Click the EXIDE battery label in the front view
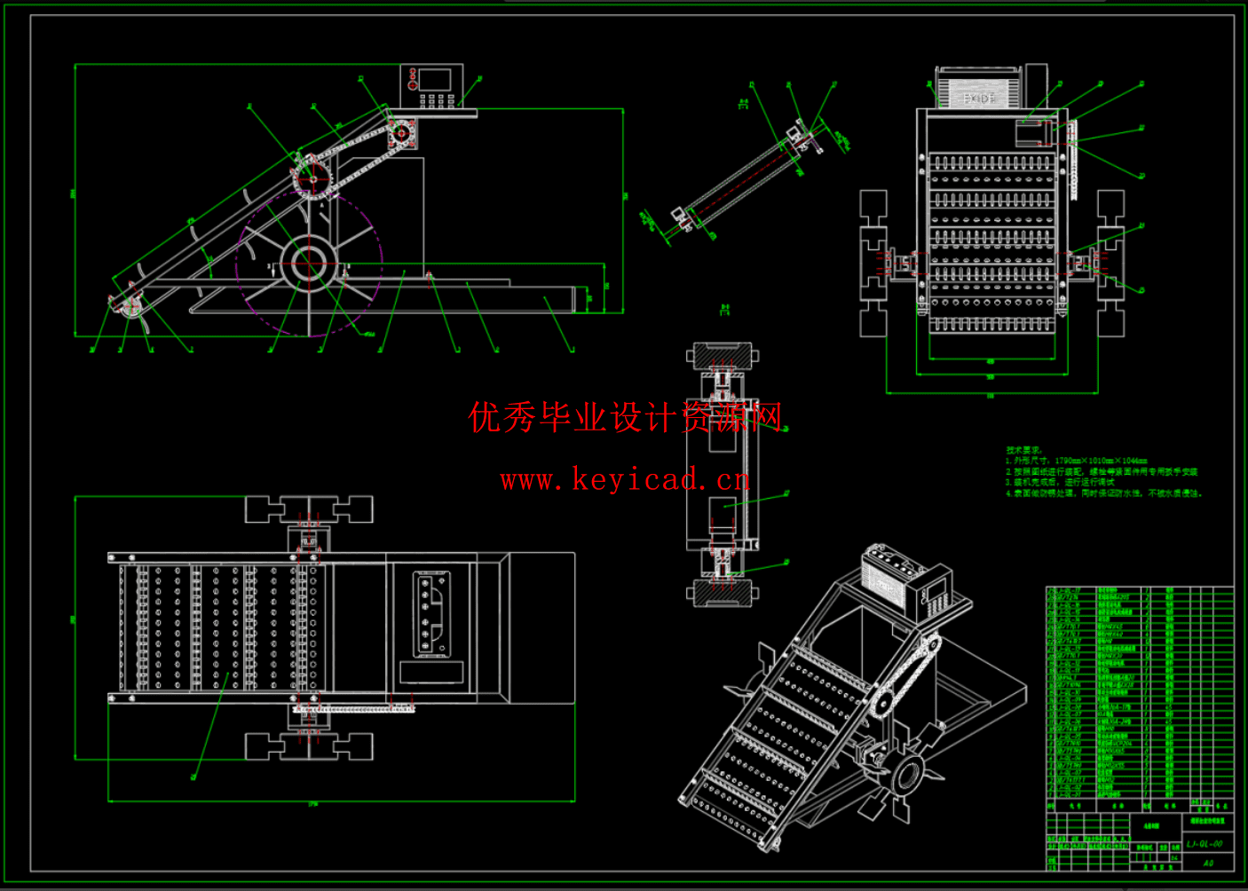pos(979,98)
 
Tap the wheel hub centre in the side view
pos(309,262)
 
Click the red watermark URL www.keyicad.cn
pos(625,481)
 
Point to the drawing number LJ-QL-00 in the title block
pos(1204,844)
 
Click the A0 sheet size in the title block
pos(1207,863)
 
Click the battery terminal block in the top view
pos(430,613)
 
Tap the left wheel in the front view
pos(873,263)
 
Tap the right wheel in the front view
pos(1110,263)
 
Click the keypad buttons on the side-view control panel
pos(435,100)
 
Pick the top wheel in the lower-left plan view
pos(309,509)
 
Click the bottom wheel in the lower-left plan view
pos(309,747)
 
